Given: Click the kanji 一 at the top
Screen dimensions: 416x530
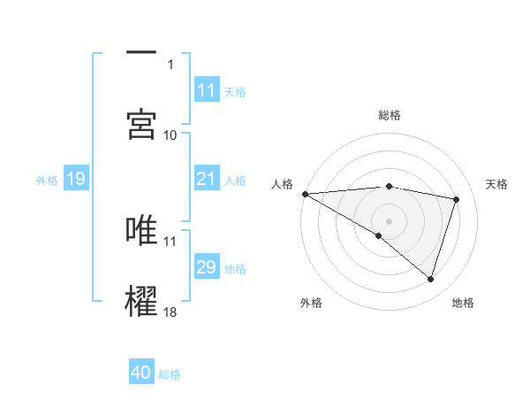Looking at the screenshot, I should click(142, 53).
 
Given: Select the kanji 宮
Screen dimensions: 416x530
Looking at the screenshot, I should click(142, 123).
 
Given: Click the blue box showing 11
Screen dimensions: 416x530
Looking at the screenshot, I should click(206, 90).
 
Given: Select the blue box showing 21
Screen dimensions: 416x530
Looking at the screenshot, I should click(206, 180).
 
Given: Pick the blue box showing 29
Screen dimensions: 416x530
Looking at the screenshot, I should click(206, 268).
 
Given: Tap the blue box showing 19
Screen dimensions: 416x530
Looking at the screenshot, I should click(75, 180).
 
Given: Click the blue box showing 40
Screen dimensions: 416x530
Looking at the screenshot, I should click(141, 374).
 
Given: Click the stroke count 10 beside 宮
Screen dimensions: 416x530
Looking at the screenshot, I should click(170, 135).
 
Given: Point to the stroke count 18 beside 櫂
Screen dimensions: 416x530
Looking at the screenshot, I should click(170, 312).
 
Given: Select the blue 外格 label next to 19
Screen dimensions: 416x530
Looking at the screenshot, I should click(47, 181).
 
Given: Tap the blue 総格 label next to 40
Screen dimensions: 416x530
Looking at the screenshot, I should click(170, 374).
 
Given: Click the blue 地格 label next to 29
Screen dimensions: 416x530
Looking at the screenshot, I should click(235, 269).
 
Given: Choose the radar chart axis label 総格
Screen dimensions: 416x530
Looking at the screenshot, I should click(390, 115).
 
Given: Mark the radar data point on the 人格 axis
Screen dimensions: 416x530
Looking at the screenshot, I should click(305, 194).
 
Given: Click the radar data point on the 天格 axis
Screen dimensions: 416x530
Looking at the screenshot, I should click(457, 199).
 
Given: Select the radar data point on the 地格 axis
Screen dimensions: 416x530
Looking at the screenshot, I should click(431, 280).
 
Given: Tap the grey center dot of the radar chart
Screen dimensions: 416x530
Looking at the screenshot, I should click(390, 220).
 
